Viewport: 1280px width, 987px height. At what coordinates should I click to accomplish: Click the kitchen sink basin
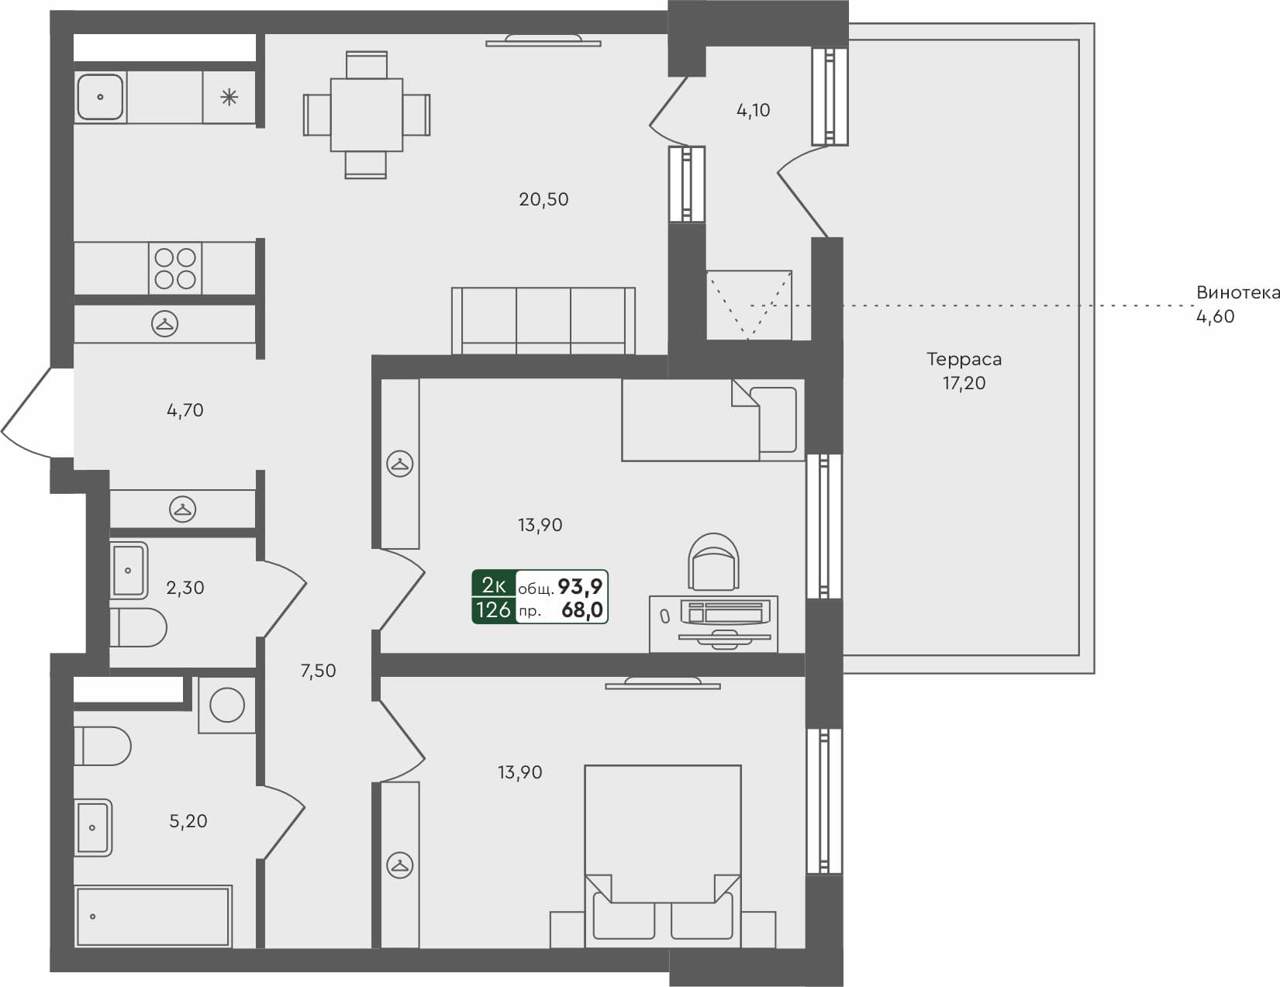100,97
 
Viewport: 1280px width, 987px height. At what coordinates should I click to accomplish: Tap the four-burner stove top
175,268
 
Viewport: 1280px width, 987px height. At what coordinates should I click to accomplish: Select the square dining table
366,115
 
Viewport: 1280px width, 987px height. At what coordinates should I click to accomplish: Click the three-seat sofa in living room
543,319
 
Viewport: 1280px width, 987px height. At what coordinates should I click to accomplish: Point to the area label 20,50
543,199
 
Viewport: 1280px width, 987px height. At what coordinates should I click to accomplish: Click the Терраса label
964,359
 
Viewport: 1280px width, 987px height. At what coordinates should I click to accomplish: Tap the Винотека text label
1236,293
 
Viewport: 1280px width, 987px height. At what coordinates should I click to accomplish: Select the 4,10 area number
753,110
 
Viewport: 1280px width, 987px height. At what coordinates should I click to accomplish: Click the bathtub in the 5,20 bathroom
154,916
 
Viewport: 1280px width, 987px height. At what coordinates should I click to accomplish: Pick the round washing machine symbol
227,706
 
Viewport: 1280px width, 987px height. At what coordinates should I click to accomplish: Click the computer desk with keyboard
713,623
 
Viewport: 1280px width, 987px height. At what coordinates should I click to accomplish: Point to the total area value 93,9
580,586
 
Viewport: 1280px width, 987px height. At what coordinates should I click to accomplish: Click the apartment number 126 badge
494,610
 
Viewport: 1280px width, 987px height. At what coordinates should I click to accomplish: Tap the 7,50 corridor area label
318,671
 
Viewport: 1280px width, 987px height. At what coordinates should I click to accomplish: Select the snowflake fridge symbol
229,97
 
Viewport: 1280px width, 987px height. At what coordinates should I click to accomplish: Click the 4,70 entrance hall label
185,410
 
